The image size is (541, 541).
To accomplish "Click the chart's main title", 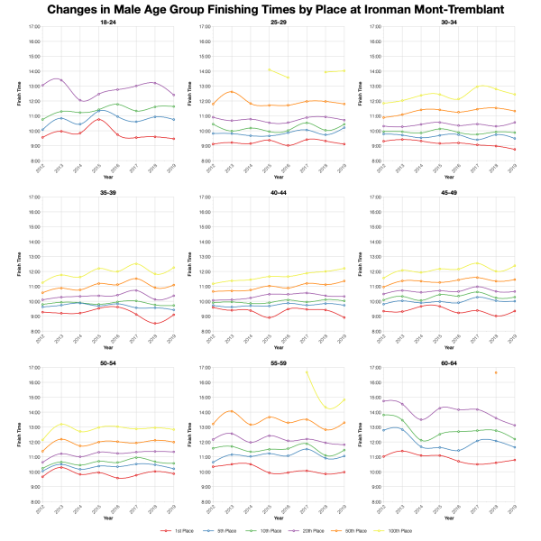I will [270, 8].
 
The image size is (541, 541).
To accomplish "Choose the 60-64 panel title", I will [449, 362].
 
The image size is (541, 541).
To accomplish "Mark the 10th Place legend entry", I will [259, 531].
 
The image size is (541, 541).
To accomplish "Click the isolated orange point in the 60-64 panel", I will [495, 372].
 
